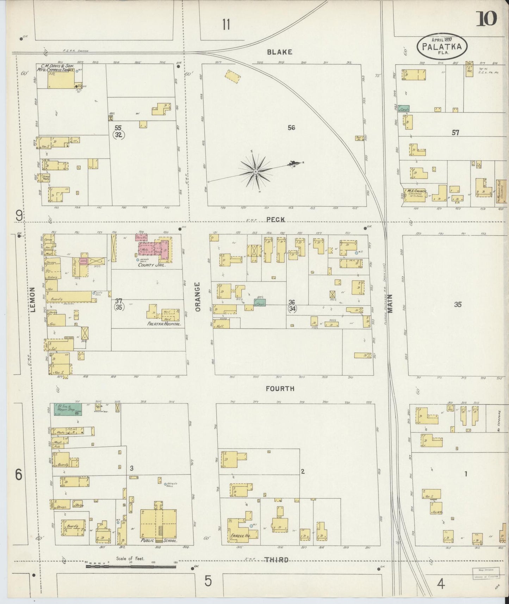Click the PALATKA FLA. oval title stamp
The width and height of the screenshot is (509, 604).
point(442,47)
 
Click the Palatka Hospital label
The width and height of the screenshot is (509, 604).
point(164,323)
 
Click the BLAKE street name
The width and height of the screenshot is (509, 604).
point(279,52)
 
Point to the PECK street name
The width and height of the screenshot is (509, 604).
point(275,219)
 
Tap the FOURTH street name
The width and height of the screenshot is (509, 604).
point(280,389)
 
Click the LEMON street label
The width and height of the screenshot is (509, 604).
point(33,300)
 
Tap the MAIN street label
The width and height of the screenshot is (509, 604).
point(391,304)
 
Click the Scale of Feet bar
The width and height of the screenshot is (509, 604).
point(131,567)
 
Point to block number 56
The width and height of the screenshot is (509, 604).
point(291,128)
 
